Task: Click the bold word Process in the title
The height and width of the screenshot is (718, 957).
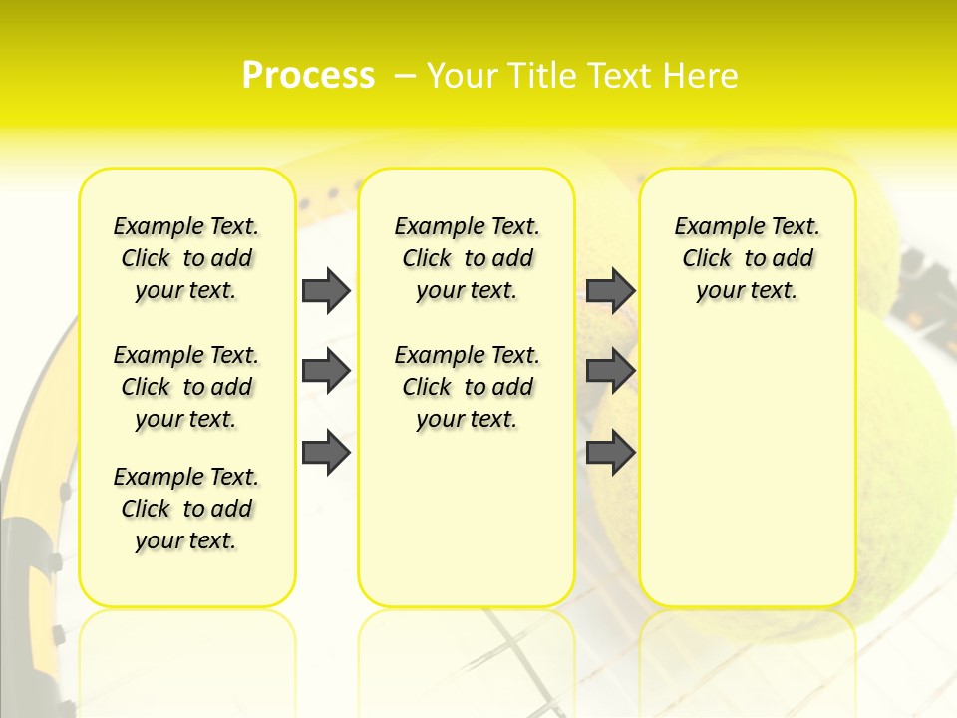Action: (308, 76)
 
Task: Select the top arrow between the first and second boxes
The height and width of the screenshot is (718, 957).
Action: (326, 290)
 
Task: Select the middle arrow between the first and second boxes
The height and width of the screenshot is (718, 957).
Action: (326, 371)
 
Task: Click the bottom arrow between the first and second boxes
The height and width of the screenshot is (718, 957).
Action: (326, 452)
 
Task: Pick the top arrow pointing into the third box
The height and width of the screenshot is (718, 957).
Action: (610, 290)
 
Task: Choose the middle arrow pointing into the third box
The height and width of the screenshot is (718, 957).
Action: (610, 371)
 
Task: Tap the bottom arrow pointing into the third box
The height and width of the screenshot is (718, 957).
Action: (610, 452)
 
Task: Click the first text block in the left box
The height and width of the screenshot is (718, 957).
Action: (186, 258)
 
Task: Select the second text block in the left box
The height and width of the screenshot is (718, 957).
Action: (186, 387)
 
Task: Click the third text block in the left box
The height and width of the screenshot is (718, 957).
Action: (186, 509)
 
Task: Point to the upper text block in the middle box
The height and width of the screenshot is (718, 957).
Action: (467, 258)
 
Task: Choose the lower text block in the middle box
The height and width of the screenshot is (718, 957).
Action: (467, 387)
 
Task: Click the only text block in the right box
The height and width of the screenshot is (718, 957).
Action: (747, 258)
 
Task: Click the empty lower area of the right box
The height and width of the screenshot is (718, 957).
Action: (747, 469)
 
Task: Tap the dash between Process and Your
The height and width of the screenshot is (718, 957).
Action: (405, 76)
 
